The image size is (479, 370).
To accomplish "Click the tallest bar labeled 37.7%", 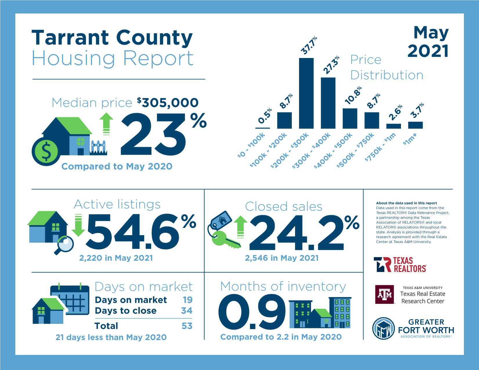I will click(x=306, y=93).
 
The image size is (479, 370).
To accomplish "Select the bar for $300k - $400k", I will click(x=328, y=103).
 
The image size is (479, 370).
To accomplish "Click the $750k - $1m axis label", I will click(x=380, y=147).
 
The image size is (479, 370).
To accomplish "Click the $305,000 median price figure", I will click(x=168, y=103).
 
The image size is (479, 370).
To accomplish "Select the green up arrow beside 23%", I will click(x=106, y=124).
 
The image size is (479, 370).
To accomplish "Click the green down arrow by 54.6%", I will click(x=78, y=225).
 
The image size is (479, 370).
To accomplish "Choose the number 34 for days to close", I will click(x=187, y=311).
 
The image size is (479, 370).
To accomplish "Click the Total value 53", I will click(x=187, y=326).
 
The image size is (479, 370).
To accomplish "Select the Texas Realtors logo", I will click(x=400, y=264).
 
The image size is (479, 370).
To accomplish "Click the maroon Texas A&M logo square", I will click(x=384, y=294).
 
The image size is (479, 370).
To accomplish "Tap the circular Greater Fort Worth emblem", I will click(x=384, y=329).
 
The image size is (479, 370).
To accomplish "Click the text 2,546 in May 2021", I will click(x=282, y=258).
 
